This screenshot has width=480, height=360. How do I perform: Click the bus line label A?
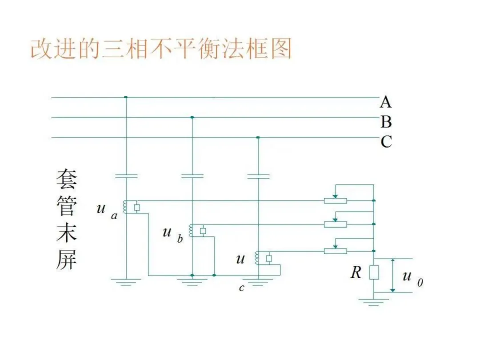385,103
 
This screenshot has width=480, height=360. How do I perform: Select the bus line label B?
386,122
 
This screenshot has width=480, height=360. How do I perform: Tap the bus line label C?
386,142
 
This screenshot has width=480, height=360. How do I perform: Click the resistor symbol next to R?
374,272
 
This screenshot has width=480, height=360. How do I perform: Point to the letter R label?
356,272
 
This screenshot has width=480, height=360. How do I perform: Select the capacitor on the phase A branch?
126,176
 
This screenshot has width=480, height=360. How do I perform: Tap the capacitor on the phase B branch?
192,176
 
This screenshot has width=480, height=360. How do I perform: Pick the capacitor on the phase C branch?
258,176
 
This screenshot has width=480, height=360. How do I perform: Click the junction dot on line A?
126,97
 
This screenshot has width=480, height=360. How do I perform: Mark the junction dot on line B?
192,117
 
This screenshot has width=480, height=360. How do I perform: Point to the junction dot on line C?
258,137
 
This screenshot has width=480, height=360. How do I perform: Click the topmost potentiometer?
335,200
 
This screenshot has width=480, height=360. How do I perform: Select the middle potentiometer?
335,224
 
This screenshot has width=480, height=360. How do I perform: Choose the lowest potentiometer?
335,251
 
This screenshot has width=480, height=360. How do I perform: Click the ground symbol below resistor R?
374,302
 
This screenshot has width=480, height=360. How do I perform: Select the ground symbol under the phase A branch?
126,282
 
